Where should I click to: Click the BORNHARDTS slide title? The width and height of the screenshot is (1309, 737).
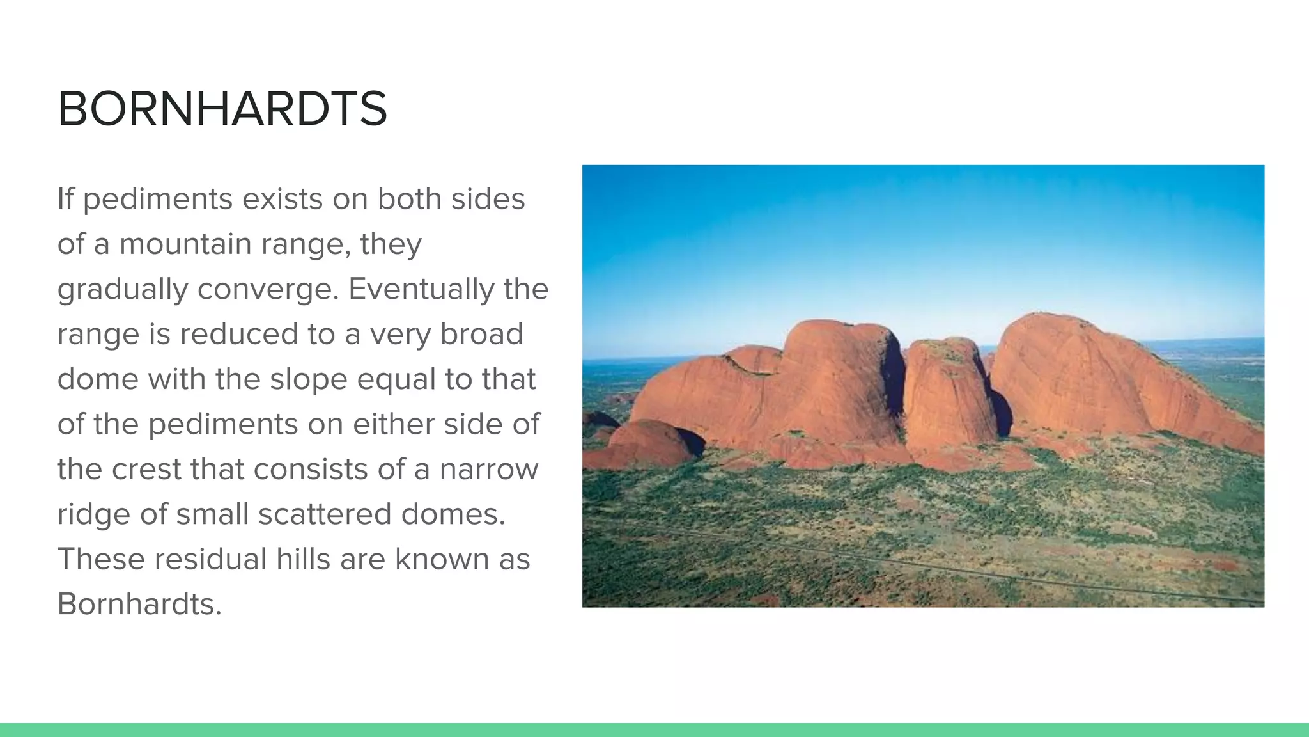pos(222,109)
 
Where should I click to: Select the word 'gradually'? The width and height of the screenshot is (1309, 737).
pos(121,290)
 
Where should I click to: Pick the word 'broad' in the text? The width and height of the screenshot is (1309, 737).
pos(481,334)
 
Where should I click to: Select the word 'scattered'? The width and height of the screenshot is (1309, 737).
pos(324,514)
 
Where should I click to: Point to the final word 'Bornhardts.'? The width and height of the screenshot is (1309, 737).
pos(139,603)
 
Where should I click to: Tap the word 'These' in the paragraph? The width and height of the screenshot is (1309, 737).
pos(101,559)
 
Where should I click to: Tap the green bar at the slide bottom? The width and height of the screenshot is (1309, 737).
pos(654,730)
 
